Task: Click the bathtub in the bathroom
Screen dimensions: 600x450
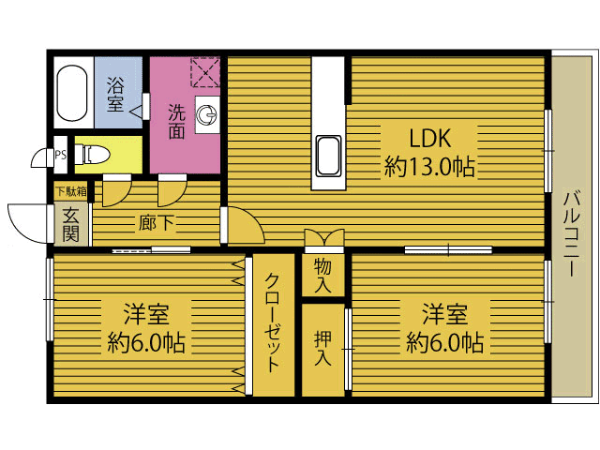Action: pyautogui.click(x=72, y=93)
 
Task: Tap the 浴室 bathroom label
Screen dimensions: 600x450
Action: pyautogui.click(x=114, y=94)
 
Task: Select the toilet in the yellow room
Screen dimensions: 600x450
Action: pyautogui.click(x=92, y=155)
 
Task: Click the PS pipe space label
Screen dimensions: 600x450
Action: pyautogui.click(x=60, y=155)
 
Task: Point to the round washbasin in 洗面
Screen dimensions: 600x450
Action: pyautogui.click(x=207, y=114)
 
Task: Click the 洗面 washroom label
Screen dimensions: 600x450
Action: pyautogui.click(x=177, y=121)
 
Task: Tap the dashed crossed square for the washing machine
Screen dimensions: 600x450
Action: pyautogui.click(x=205, y=72)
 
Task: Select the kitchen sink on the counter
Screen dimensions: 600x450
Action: pyautogui.click(x=329, y=157)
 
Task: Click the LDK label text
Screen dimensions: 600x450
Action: pyautogui.click(x=429, y=138)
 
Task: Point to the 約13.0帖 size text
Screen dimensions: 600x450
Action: pyautogui.click(x=429, y=167)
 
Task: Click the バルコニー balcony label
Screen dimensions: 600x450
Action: pyautogui.click(x=571, y=233)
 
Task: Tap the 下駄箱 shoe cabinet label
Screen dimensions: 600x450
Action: pyautogui.click(x=71, y=191)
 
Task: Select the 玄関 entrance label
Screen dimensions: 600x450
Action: pyautogui.click(x=71, y=225)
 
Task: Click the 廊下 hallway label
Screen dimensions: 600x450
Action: pyautogui.click(x=157, y=223)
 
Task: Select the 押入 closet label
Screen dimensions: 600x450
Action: pyautogui.click(x=322, y=349)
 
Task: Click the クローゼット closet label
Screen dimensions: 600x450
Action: pyautogui.click(x=273, y=322)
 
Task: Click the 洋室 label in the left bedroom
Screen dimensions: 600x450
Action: pyautogui.click(x=146, y=314)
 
